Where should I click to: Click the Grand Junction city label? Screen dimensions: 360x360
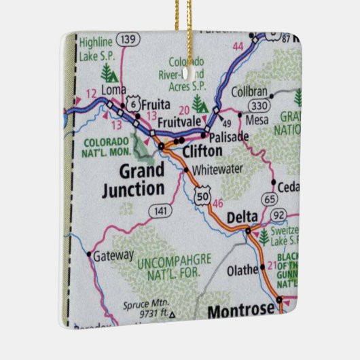(x=132, y=179)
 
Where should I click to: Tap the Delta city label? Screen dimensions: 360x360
(x=242, y=217)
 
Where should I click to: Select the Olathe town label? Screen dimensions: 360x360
(x=242, y=270)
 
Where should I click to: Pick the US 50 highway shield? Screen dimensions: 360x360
(x=201, y=196)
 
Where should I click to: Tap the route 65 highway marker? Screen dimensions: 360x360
(x=270, y=200)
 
